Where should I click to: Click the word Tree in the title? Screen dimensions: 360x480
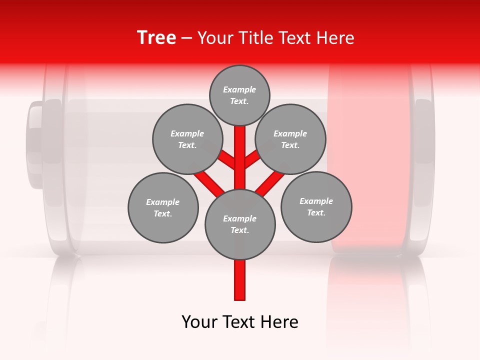(x=156, y=38)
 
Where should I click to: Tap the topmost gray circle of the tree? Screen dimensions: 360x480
(x=239, y=95)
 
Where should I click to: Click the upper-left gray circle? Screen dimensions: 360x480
(x=187, y=139)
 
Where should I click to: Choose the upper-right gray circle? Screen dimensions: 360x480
(x=290, y=139)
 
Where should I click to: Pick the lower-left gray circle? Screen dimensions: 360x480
(x=163, y=207)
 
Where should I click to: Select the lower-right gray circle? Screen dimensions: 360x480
(x=316, y=206)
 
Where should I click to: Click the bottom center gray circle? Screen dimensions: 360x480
(x=240, y=224)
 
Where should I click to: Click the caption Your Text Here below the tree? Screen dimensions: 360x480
(x=240, y=322)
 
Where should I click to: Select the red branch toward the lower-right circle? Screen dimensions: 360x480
(x=270, y=183)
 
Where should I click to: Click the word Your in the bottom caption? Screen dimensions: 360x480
(x=199, y=322)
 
